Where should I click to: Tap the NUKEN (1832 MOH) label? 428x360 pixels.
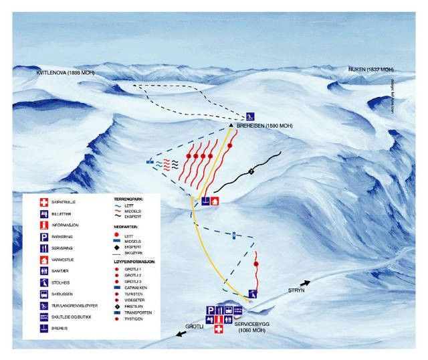tap(371, 69)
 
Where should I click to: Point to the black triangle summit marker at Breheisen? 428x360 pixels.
tap(230, 125)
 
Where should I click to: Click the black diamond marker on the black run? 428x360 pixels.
tap(251, 171)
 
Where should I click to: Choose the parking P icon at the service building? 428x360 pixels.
tap(210, 310)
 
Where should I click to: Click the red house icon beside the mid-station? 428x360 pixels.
tap(215, 201)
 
